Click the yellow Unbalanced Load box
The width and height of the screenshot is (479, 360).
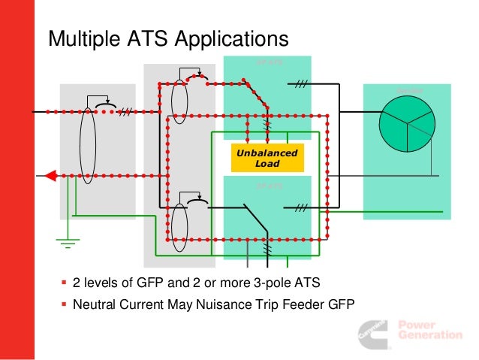click(x=267, y=158)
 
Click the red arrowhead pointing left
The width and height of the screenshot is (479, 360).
click(x=50, y=176)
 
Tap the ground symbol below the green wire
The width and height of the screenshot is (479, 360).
click(x=68, y=242)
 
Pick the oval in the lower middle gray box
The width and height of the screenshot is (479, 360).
click(x=179, y=223)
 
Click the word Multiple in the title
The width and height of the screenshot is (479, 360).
click(x=81, y=38)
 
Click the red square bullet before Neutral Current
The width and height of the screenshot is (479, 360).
click(x=64, y=304)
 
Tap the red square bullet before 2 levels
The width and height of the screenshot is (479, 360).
click(x=64, y=283)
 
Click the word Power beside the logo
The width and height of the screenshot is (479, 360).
click(x=415, y=325)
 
